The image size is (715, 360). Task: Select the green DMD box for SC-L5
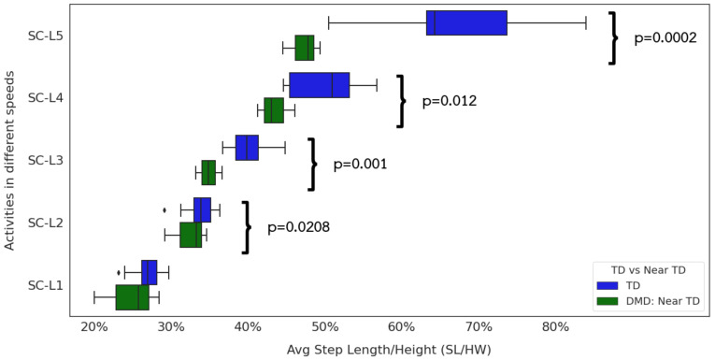pyautogui.click(x=305, y=48)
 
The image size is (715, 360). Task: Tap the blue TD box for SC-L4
pyautogui.click(x=319, y=85)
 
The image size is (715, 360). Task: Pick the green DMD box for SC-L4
pyautogui.click(x=274, y=110)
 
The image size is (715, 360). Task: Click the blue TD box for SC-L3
pyautogui.click(x=247, y=148)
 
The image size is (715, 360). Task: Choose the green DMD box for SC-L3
pyautogui.click(x=208, y=172)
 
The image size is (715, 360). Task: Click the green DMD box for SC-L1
pyautogui.click(x=132, y=297)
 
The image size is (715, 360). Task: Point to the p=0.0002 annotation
pyautogui.click(x=665, y=38)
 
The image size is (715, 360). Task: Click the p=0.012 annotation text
pyautogui.click(x=450, y=101)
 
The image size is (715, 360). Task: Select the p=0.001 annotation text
pyautogui.click(x=360, y=164)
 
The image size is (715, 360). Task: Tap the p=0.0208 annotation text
pyautogui.click(x=298, y=226)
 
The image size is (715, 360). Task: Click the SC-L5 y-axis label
pyautogui.click(x=44, y=36)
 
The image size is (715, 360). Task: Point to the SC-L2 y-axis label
pyautogui.click(x=44, y=223)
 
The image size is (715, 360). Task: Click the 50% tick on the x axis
pyautogui.click(x=324, y=326)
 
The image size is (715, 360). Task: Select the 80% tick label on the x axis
pyautogui.click(x=554, y=326)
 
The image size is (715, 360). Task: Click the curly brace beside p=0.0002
pyautogui.click(x=613, y=38)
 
